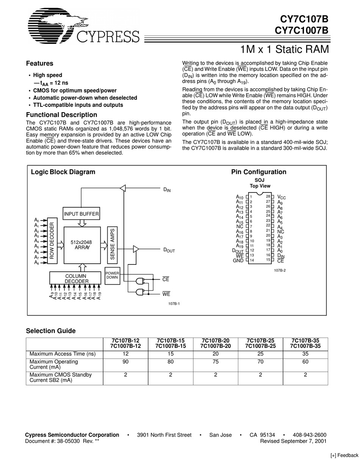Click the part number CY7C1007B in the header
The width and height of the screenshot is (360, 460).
304,30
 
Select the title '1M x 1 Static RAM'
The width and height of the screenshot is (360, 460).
284,50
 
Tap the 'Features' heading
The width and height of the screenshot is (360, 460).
39,64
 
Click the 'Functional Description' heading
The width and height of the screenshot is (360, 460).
61,115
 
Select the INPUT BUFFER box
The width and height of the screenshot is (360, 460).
81,214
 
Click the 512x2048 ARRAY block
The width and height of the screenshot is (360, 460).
82,245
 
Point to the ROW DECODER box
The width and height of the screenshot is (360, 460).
52,241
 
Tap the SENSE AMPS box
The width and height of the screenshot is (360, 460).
113,245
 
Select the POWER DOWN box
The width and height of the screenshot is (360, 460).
112,275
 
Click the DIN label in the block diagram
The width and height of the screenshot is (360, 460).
167,190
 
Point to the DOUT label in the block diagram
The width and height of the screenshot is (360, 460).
169,250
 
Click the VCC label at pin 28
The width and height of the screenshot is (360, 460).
282,197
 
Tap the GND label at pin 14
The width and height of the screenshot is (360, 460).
238,261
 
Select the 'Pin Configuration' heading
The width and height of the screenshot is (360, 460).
259,172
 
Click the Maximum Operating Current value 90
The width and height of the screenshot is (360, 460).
125,362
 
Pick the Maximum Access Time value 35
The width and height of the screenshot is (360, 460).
305,354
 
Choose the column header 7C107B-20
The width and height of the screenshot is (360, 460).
215,341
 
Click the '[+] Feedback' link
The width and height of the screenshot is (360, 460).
344,455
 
